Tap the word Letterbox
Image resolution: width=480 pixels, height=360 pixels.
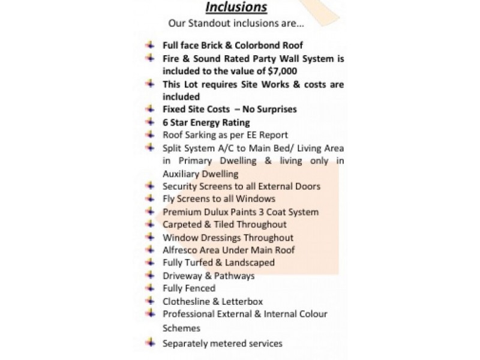coord(242,301)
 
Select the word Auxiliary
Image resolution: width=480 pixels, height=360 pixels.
coord(182,173)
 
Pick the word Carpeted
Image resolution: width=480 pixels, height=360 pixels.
coord(184,224)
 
